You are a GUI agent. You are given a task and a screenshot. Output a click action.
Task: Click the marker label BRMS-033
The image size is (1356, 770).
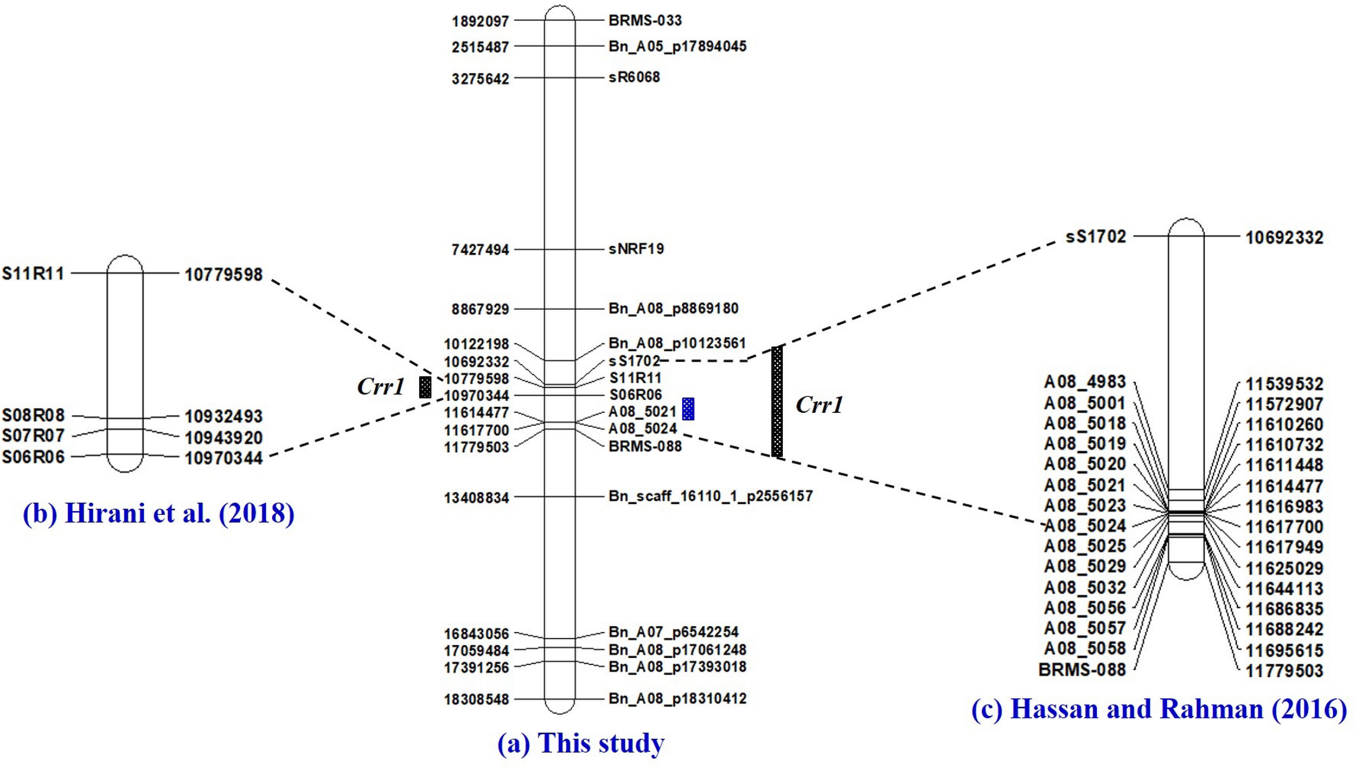click(644, 21)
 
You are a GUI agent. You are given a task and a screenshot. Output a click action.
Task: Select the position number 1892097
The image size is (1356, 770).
click(480, 22)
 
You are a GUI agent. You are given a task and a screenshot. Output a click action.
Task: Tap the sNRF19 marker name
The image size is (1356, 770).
click(636, 249)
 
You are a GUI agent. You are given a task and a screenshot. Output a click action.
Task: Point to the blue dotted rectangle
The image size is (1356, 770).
click(688, 409)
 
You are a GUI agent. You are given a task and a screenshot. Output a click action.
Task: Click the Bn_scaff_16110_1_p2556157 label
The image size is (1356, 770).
click(710, 496)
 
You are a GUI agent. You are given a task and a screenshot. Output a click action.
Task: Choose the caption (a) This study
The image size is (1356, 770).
click(580, 743)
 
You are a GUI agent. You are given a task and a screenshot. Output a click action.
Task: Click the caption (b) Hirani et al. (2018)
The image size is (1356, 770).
click(158, 513)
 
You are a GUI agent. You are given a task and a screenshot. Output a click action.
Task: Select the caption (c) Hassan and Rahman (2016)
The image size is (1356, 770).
click(1159, 709)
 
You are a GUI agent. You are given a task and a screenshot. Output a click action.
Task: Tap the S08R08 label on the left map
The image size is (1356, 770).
click(33, 416)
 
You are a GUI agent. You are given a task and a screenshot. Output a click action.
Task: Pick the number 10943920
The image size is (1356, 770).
click(223, 438)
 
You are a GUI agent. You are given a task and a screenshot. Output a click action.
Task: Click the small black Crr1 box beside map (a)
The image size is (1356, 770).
click(425, 387)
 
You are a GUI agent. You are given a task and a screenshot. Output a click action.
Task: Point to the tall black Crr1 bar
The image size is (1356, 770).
click(777, 401)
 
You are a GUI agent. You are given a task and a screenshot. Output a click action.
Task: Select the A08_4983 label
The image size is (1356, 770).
click(1085, 382)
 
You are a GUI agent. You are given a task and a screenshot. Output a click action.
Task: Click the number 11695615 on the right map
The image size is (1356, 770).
click(1284, 650)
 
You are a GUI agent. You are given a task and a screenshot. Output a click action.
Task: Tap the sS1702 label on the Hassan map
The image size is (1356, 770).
click(1096, 237)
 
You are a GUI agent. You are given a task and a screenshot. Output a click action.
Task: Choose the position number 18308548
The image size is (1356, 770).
click(476, 700)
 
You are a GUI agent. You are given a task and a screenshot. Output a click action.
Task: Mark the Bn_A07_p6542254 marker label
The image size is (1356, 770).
click(673, 632)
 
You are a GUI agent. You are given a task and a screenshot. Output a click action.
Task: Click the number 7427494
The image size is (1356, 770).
click(480, 250)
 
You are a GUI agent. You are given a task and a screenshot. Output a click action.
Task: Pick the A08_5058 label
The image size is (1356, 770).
click(1085, 649)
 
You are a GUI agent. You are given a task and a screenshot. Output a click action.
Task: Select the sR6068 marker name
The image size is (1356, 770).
click(634, 78)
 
